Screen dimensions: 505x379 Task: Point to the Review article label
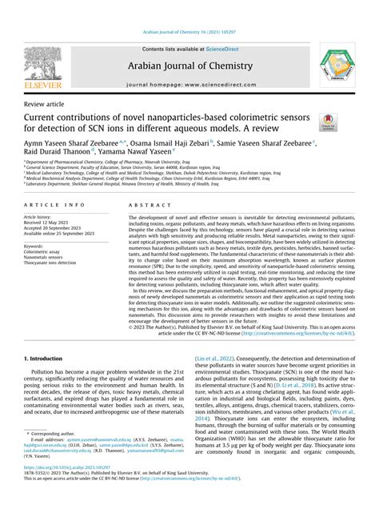tap(46, 104)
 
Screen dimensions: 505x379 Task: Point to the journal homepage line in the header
tap(189, 83)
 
